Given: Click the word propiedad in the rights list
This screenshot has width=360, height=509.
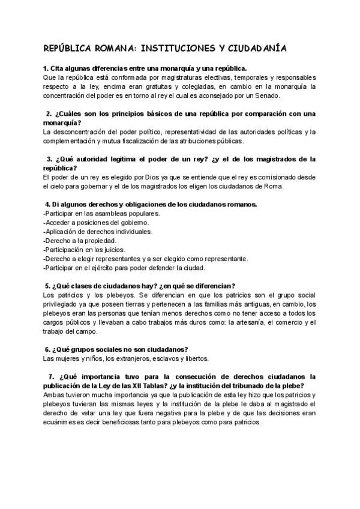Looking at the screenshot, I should pos(103,240).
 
